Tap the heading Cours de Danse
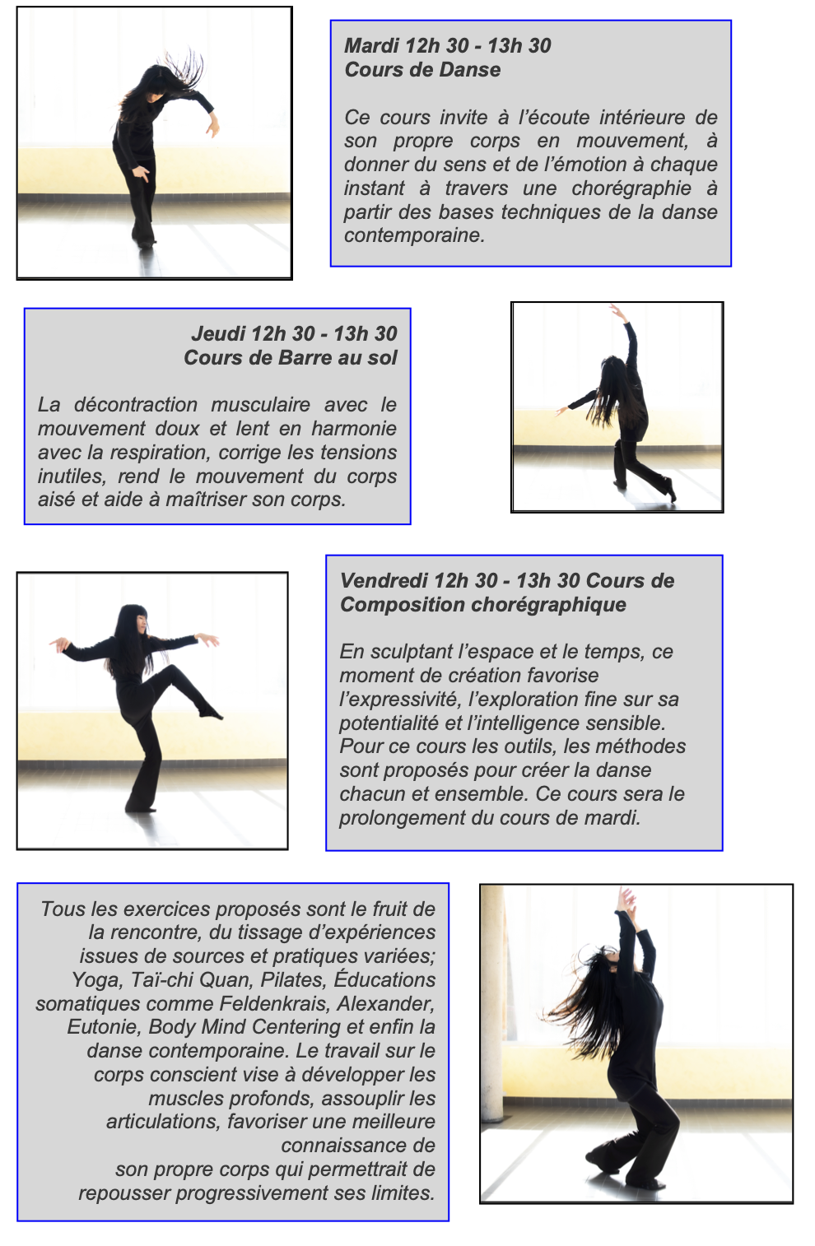pos(422,69)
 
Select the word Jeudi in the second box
pos(218,333)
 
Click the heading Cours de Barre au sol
pos(291,357)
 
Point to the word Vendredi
pos(384,580)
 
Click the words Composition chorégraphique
pos(483,604)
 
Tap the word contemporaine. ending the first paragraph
pos(414,235)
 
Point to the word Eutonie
pos(104,1027)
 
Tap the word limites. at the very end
pos(401,1193)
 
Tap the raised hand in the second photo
pos(617,311)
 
